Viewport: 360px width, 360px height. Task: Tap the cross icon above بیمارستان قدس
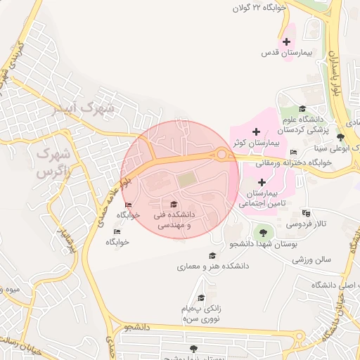tap(286, 41)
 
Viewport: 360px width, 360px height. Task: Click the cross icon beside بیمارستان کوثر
tap(256, 131)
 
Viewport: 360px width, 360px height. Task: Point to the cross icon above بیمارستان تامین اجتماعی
tap(262, 182)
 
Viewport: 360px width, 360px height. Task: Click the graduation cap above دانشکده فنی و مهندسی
tap(174, 205)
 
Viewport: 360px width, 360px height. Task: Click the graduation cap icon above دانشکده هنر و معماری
tap(212, 255)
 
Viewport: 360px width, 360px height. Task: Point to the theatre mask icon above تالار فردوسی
tap(305, 212)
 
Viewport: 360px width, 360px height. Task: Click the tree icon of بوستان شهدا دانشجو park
tap(262, 231)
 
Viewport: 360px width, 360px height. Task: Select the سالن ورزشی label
tap(311, 259)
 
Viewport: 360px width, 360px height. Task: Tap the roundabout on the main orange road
tap(222, 155)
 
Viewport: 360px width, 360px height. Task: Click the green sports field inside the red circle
tap(187, 181)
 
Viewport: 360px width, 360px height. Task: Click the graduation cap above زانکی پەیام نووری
tap(202, 297)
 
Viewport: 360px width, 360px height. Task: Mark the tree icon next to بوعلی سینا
tap(341, 137)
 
